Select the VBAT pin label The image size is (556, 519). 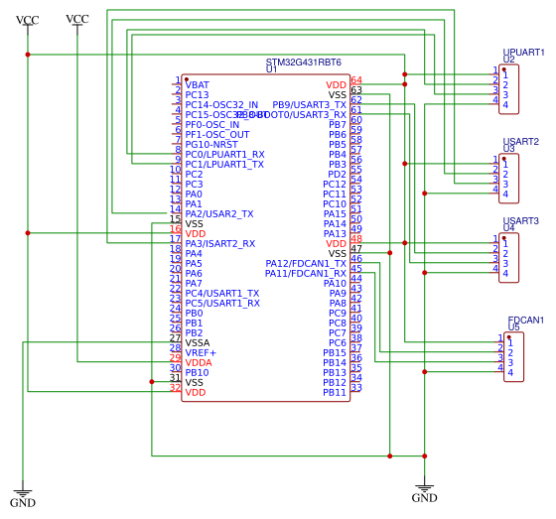click(x=198, y=84)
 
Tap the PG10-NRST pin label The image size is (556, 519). click(x=211, y=144)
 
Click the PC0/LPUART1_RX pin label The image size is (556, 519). click(x=224, y=154)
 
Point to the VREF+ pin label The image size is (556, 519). click(x=201, y=352)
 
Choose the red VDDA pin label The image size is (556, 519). click(x=199, y=362)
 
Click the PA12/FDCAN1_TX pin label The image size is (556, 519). click(x=306, y=263)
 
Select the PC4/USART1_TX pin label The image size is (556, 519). click(x=221, y=293)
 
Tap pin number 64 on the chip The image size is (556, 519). click(x=356, y=80)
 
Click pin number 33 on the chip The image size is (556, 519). click(x=356, y=388)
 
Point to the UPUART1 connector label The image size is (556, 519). click(x=523, y=52)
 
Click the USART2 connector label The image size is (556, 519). click(x=521, y=141)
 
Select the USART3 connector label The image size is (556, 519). click(x=521, y=220)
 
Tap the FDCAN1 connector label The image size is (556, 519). click(x=525, y=320)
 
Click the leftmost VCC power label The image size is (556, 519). click(x=28, y=20)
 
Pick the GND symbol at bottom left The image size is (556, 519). click(x=23, y=496)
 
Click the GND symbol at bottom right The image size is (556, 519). click(x=424, y=490)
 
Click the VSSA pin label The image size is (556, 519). click(x=199, y=342)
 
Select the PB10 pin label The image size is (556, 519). click(x=197, y=372)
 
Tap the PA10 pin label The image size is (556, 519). click(x=336, y=283)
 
